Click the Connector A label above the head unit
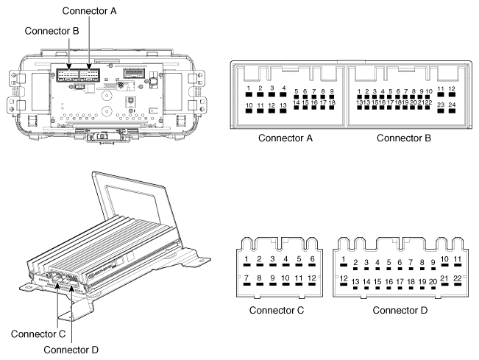coord(89,11)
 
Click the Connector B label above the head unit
coord(52,31)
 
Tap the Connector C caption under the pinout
coord(277,310)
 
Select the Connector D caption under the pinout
coord(400,310)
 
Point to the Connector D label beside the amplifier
coord(71,350)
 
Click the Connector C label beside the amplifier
coord(38,334)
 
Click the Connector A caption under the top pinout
coord(285,138)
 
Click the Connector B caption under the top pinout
coord(404,138)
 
